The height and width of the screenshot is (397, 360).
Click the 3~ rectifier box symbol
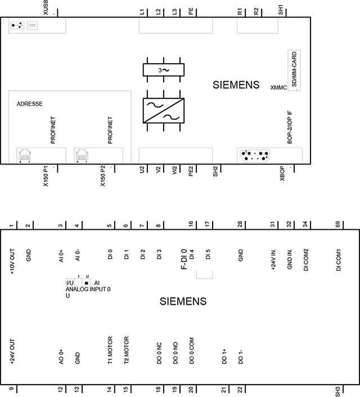164,70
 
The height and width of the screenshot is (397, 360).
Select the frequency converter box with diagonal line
164,110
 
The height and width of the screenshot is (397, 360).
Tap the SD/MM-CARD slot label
294,69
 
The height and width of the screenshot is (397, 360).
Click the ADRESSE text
30,104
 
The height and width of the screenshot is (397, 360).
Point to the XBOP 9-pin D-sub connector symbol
255,156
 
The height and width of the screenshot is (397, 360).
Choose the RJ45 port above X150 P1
25,155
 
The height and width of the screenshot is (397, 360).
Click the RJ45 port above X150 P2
82,155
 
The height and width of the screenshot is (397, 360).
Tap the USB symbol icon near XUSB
17,25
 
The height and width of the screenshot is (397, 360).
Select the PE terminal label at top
191,11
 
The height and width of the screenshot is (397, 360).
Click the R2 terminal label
256,11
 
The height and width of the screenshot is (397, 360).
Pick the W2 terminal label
174,170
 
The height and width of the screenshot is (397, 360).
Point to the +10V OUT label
12,261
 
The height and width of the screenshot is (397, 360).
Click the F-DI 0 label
184,259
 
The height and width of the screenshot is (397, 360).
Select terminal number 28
240,224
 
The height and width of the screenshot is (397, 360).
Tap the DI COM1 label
339,260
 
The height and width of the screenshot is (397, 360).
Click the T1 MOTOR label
110,350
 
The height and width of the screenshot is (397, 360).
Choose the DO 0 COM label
191,351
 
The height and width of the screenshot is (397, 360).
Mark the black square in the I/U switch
87,283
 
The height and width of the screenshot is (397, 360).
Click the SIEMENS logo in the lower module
183,301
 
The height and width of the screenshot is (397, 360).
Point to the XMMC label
278,88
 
